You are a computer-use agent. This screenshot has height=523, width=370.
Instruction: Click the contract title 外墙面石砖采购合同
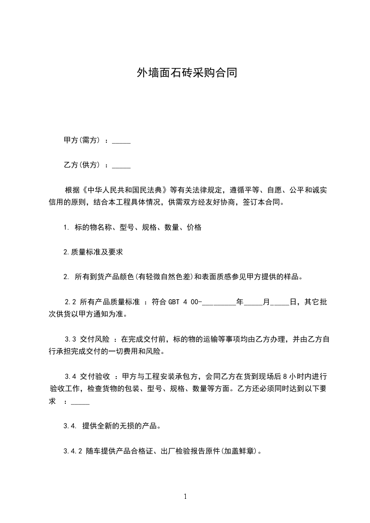coord(185,73)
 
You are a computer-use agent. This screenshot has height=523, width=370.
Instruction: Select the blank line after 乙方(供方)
coord(121,165)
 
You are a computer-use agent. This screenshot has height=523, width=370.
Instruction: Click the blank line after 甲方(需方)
coord(121,141)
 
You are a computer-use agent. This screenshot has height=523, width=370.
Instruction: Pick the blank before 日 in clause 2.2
coord(280,303)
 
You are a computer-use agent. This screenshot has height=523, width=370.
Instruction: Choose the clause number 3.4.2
coord(73,451)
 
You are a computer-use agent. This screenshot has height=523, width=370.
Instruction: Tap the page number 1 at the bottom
coord(185,497)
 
